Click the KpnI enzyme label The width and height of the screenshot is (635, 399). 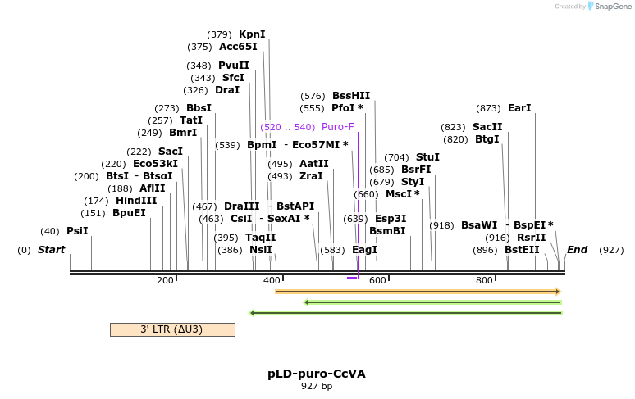252,34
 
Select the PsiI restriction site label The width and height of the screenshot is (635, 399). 77,231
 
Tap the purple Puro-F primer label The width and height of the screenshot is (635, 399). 338,127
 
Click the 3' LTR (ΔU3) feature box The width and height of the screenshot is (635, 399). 172,329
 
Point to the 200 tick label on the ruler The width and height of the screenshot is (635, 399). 165,280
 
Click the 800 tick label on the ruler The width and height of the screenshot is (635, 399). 484,280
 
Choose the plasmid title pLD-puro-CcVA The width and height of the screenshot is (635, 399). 317,374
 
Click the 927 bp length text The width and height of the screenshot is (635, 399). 317,386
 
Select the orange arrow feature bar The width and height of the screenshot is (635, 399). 418,291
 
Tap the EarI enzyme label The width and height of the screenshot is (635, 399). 519,108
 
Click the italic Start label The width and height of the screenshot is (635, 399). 51,250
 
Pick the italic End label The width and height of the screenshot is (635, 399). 577,250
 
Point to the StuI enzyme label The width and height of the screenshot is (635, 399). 427,157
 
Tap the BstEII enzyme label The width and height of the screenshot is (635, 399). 522,250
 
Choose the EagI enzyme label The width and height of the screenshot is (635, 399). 364,250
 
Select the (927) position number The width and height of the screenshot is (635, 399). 611,250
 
